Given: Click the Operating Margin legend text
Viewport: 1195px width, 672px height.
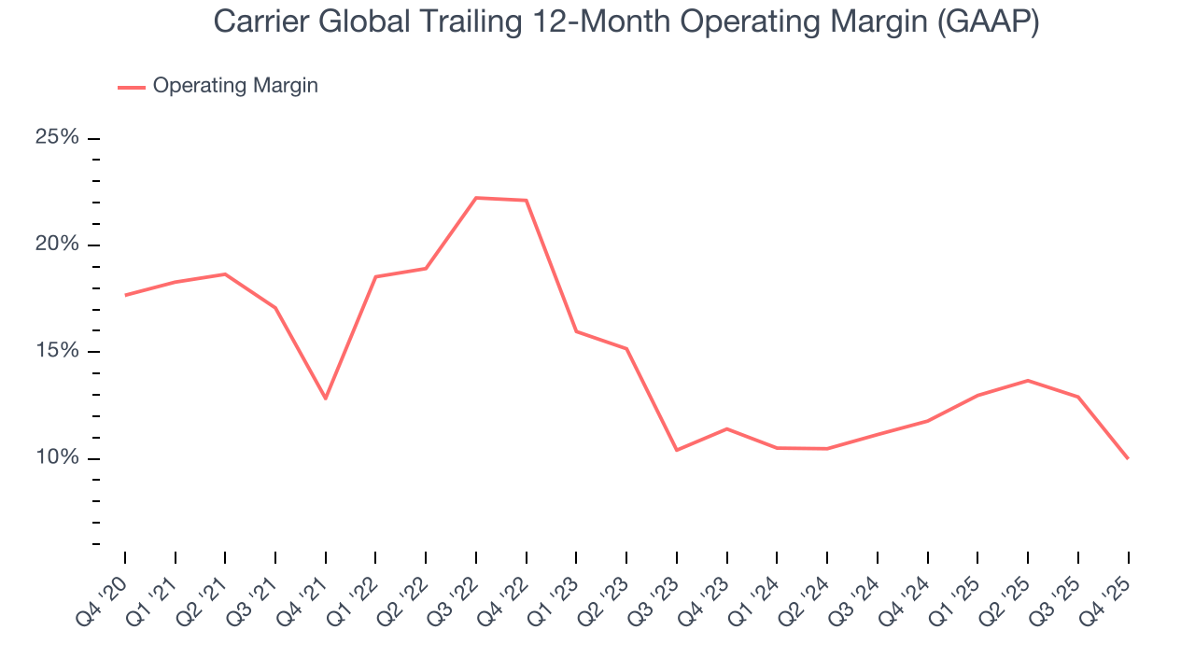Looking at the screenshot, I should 235,86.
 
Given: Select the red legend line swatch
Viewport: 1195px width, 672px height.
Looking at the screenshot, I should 132,87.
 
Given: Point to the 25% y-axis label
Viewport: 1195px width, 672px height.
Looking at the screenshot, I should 57,137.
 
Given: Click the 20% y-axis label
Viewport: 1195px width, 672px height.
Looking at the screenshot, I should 57,245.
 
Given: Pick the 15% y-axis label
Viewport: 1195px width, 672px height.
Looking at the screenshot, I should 57,351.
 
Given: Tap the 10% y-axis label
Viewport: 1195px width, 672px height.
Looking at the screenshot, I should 57,458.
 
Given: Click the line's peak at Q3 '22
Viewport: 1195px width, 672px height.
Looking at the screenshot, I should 476,198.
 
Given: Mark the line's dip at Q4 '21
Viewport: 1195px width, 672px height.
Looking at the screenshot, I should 326,399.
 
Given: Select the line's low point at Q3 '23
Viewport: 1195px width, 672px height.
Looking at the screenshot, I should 677,450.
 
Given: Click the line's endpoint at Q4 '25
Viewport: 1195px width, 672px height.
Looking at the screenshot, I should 1128,458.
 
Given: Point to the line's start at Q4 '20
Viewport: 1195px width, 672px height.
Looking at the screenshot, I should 125,295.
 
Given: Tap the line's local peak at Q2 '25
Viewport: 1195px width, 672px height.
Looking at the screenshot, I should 1028,380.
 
